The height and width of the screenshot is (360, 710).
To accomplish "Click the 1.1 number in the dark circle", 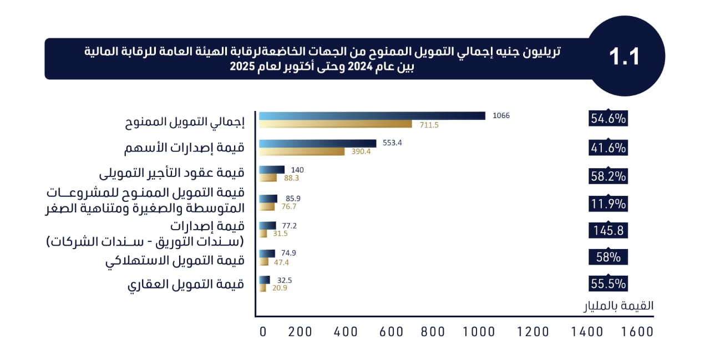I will [625, 57].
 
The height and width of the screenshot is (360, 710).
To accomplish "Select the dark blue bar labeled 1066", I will [372, 116].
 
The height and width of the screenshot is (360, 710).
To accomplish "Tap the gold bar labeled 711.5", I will [336, 124].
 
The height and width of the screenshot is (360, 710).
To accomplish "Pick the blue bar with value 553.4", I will [318, 143].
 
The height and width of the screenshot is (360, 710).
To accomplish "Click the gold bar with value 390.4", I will [302, 151].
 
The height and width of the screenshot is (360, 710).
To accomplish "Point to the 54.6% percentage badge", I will [608, 118].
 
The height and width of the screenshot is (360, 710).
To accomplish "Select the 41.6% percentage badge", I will [608, 148].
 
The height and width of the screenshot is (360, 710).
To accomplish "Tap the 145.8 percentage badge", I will [608, 230].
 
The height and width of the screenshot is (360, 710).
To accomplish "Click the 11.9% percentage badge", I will [608, 204].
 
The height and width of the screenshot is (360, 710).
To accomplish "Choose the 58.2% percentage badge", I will [608, 176].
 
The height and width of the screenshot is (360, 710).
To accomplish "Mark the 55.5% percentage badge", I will [608, 283].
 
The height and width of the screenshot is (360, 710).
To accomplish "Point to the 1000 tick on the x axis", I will [479, 332].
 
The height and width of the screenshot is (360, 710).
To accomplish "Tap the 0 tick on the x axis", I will [263, 332].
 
